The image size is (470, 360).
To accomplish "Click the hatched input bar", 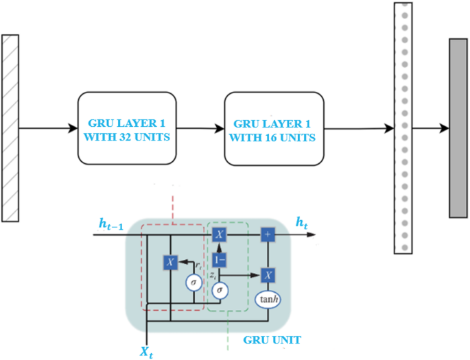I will coord(10,128).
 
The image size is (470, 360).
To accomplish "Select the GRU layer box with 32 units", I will coord(126,128).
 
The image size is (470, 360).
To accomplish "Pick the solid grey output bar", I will coord(458,128).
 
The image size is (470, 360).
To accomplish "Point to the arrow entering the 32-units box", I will coord(48,128).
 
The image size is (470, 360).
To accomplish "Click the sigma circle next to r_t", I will coord(194,280).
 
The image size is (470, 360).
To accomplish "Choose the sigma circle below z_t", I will coord(220,290).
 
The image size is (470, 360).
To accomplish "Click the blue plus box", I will coord(268,235).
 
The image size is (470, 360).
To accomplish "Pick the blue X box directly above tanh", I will coord(268,274).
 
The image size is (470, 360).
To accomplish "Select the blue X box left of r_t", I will coord(171,262).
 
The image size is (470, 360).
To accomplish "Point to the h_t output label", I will coord(302,222).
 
